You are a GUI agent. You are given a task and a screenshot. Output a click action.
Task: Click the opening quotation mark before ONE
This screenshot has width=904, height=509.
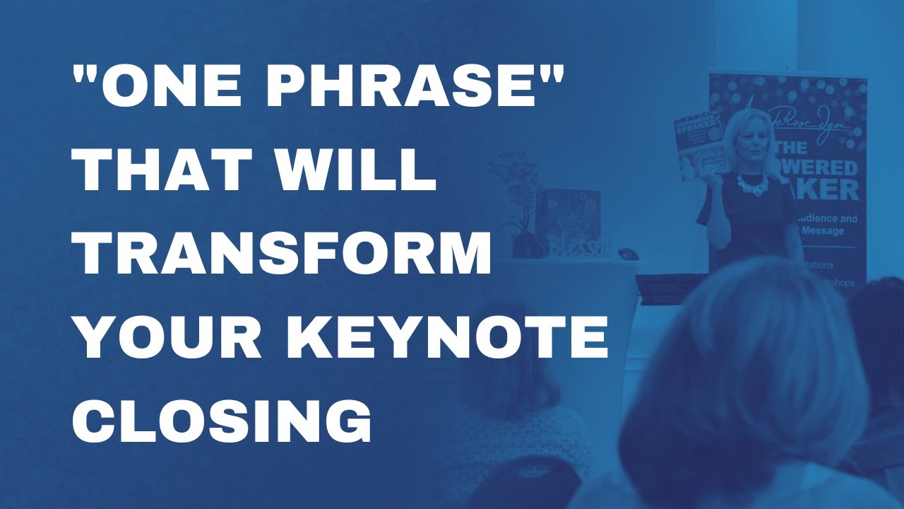[x=85, y=75]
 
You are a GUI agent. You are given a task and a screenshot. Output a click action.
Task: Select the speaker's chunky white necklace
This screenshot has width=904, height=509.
[x=754, y=183]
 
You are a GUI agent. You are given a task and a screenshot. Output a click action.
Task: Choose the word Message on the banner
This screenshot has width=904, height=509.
[x=834, y=231]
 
